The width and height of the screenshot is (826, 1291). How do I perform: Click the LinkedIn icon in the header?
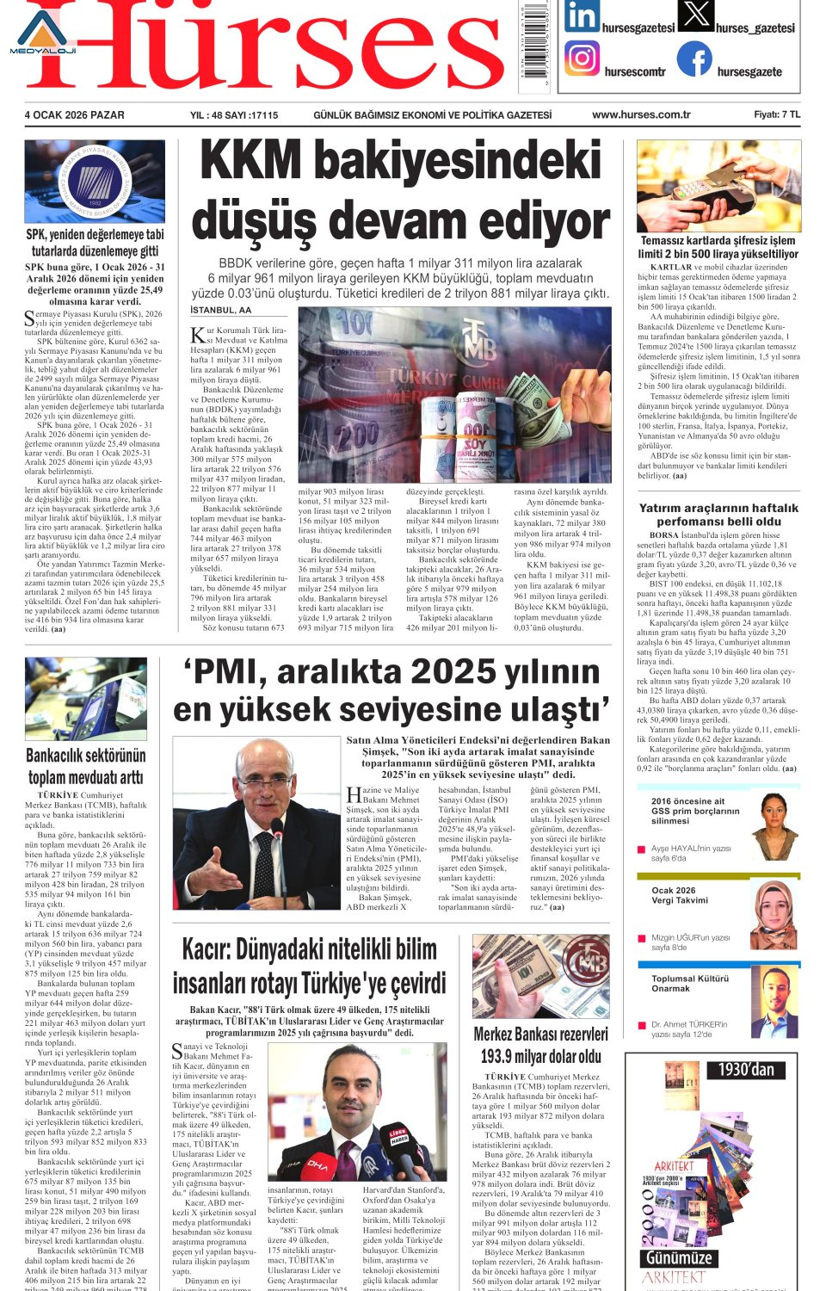(582, 17)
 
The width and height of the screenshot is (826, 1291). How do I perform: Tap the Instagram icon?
(583, 59)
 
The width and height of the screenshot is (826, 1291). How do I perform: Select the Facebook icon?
(694, 59)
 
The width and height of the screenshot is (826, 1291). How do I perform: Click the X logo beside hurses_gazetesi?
(695, 15)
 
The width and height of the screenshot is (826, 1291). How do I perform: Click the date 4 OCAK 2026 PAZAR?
(74, 114)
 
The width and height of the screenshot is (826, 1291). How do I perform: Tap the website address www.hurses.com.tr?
(641, 114)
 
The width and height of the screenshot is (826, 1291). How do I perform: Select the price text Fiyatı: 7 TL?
(777, 114)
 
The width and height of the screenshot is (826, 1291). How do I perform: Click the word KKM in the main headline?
(250, 162)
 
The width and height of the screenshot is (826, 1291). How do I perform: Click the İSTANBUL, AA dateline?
(221, 310)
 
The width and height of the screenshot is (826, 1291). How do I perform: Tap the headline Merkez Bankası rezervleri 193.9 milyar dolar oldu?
(540, 1044)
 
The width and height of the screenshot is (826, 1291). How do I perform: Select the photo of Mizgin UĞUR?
(774, 914)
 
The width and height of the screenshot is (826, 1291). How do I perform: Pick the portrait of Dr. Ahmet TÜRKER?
(775, 1001)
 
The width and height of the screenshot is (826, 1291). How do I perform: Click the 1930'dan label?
(746, 1070)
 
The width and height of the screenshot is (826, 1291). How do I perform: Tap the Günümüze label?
(679, 1257)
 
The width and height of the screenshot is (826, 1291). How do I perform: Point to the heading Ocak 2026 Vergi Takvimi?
(679, 895)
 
